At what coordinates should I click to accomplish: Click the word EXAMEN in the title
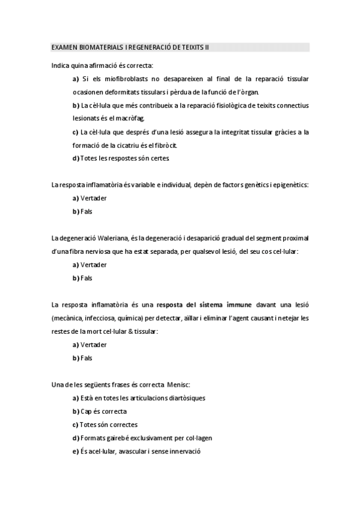tap(62, 47)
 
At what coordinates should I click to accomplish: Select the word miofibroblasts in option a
tap(127, 79)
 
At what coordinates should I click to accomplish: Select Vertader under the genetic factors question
tap(93, 198)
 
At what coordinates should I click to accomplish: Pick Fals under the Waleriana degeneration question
tap(86, 278)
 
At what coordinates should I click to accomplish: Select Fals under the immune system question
tap(86, 358)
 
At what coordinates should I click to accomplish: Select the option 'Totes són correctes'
tap(109, 424)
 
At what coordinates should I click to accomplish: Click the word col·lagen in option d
tap(196, 438)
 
